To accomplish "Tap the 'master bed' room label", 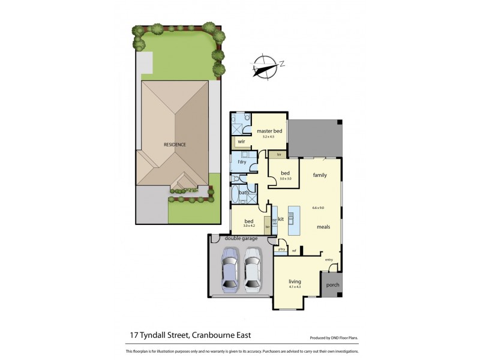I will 269,131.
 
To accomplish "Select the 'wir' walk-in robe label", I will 241,142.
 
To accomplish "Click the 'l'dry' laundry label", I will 242,162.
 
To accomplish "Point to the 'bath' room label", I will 244,193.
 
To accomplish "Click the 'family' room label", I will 319,175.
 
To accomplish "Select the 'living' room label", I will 294,281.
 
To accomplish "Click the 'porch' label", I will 331,285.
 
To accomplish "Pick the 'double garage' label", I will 241,238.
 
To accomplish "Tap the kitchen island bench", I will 293,220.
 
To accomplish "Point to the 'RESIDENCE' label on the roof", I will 175,145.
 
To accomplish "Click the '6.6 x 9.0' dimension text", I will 318,208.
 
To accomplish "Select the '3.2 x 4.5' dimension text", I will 268,137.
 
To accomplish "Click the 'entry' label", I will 329,259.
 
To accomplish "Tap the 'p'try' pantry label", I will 281,249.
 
